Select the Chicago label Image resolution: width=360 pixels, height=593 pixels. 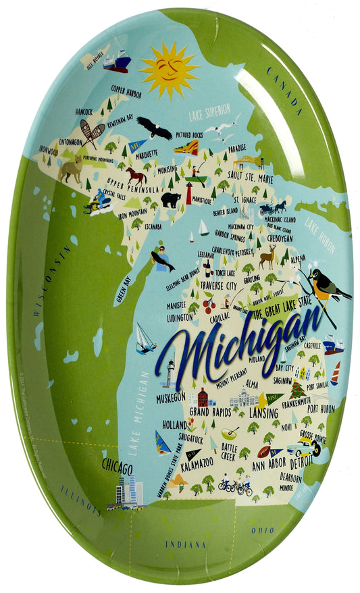[x=117, y=467]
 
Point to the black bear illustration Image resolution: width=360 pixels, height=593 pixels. [x=170, y=200]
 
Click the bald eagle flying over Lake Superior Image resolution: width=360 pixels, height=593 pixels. [x=154, y=127]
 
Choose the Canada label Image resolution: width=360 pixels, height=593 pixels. [x=284, y=88]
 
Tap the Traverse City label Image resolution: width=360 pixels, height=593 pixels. [x=218, y=286]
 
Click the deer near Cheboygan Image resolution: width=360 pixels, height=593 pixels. [x=268, y=256]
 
